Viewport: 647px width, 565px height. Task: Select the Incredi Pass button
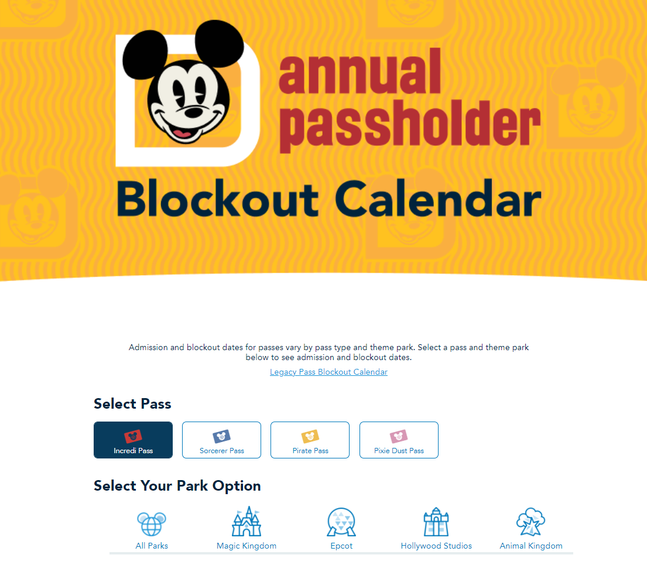tap(133, 440)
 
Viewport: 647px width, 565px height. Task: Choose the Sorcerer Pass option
tap(221, 440)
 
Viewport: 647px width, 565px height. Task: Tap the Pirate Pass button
tap(310, 440)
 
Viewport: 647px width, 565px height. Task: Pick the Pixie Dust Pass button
tap(399, 440)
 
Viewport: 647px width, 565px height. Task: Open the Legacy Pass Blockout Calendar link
tap(328, 372)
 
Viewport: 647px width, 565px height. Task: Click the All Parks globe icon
tap(152, 524)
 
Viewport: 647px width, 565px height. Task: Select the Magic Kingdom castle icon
tap(247, 521)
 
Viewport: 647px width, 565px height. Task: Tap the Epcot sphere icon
tap(341, 522)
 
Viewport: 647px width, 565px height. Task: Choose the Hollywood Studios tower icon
tap(436, 522)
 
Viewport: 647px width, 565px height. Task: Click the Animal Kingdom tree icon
tap(531, 522)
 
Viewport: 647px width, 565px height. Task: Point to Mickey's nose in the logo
tap(192, 111)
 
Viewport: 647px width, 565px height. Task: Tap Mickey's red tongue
tap(182, 133)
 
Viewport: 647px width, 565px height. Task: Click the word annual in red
tap(360, 71)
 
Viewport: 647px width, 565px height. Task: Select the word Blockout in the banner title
tap(218, 199)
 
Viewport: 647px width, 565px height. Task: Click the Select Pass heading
tap(132, 403)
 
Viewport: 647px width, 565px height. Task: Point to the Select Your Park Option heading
tap(177, 486)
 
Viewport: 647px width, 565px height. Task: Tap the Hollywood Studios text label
tap(436, 546)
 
